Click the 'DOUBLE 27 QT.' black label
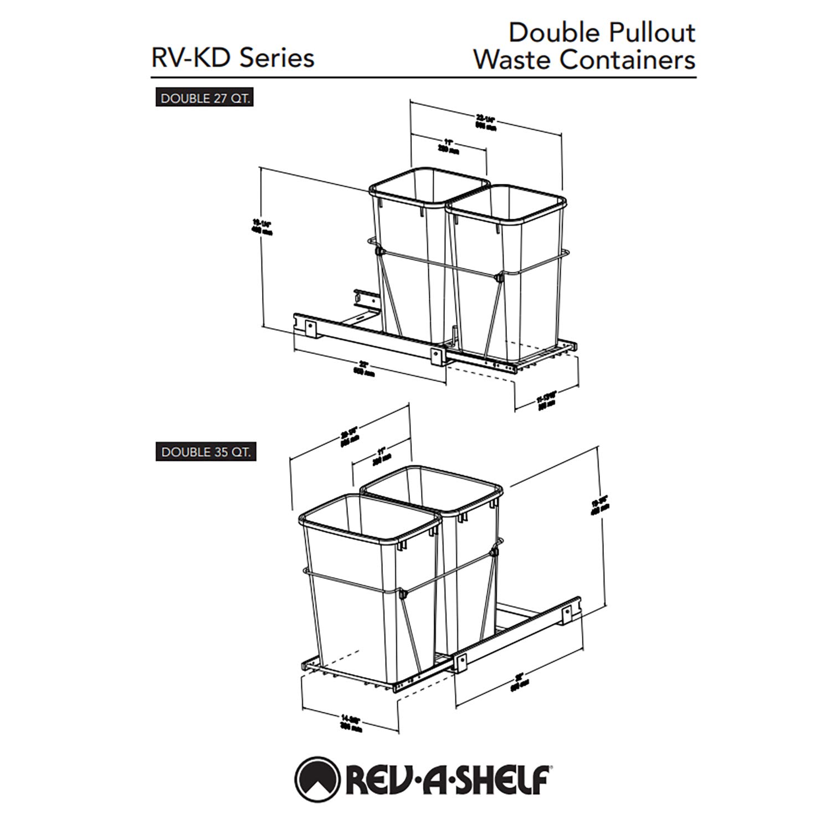pos(204,99)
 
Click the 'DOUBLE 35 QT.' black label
pos(205,452)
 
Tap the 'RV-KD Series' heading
pos(233,58)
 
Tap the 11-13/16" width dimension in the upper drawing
pos(547,400)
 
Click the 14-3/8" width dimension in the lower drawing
pos(351,725)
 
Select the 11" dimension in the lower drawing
pos(382,454)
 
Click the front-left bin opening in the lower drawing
pos(370,517)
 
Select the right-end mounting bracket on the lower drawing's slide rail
pos(571,611)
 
